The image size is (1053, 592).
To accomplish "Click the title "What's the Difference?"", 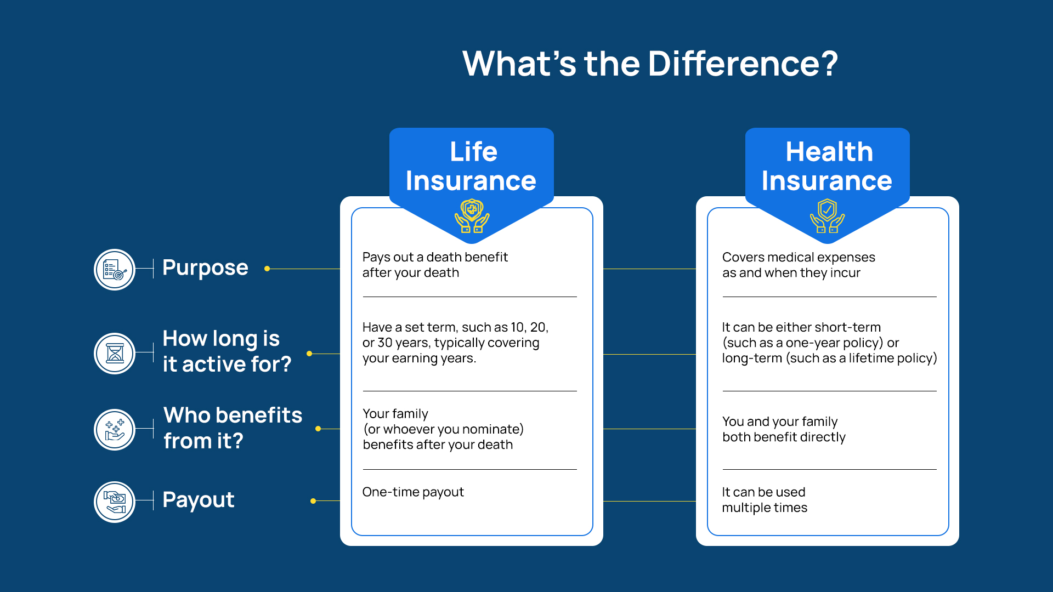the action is click(650, 64).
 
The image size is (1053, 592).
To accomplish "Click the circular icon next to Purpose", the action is click(115, 270).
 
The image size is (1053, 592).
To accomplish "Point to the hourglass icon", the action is click(115, 354).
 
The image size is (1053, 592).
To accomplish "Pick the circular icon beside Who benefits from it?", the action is click(115, 430).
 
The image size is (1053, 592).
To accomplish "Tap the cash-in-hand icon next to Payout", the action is click(115, 502).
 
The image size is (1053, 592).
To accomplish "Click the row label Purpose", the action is click(205, 268).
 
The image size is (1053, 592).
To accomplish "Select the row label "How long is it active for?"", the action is click(227, 351).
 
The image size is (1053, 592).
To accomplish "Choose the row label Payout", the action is click(199, 500).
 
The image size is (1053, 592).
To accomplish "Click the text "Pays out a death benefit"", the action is click(435, 257).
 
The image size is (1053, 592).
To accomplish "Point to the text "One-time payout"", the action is click(413, 492).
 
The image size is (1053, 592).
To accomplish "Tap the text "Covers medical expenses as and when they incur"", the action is click(799, 265).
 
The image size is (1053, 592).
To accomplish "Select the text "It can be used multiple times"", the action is click(765, 500).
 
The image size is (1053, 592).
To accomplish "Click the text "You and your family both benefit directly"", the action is click(784, 429).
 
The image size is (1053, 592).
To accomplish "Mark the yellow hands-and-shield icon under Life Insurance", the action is click(472, 216).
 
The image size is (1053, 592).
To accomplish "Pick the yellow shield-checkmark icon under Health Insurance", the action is click(828, 216).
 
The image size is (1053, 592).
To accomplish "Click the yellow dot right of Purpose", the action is click(267, 269).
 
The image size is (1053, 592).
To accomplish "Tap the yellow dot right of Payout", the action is click(313, 501).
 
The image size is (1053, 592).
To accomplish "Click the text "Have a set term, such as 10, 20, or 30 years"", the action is click(455, 335).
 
